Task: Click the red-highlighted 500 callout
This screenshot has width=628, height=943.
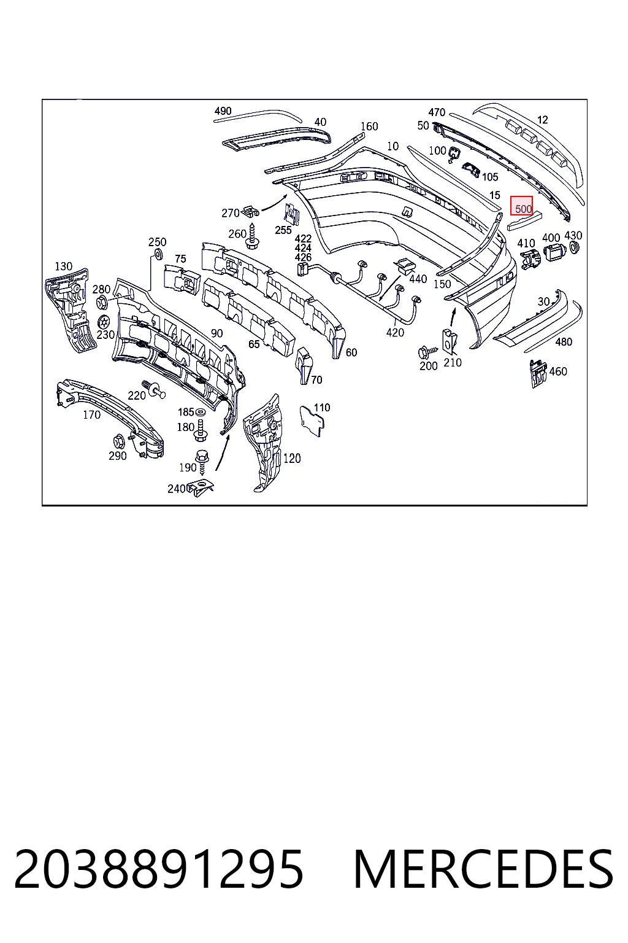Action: (x=521, y=206)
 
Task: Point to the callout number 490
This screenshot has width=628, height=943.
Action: (x=223, y=111)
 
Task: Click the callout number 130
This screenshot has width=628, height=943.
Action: (x=64, y=266)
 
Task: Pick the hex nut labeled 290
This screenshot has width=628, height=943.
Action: (x=118, y=441)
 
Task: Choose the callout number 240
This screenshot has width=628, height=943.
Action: (x=176, y=489)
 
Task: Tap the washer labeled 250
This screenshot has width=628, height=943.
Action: (x=159, y=254)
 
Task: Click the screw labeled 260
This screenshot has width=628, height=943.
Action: (x=253, y=236)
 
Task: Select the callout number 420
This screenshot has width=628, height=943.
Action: (x=395, y=333)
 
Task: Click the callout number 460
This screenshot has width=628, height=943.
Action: (x=558, y=371)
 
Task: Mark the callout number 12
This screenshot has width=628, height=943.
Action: (x=543, y=120)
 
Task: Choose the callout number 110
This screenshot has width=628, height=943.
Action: (x=322, y=408)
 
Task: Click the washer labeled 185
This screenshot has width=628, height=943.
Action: (x=201, y=412)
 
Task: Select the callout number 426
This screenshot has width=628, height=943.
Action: (x=303, y=257)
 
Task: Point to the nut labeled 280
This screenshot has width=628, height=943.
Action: (x=102, y=302)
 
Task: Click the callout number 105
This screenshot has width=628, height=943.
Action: (x=489, y=177)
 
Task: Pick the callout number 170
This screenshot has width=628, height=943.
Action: (x=92, y=414)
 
